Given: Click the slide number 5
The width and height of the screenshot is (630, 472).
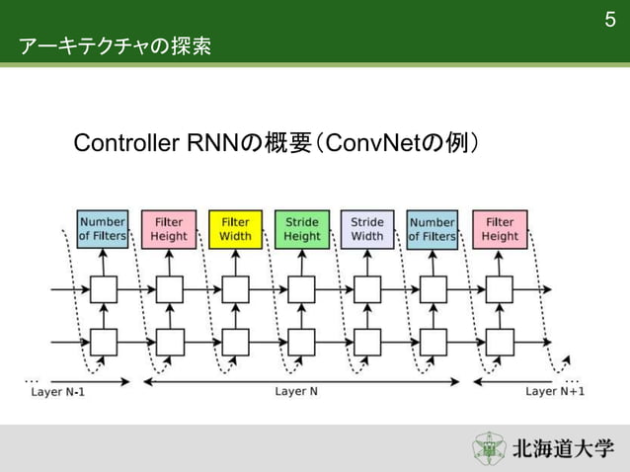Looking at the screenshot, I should [609, 21].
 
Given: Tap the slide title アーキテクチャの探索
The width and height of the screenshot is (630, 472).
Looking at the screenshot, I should [115, 46].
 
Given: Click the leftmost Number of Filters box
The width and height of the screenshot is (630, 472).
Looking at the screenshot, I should [103, 229].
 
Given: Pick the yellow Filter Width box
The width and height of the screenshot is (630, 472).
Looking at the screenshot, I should [235, 229].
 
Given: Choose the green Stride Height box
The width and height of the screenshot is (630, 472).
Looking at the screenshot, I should [301, 229].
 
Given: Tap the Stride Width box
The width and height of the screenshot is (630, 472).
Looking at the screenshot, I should [367, 229].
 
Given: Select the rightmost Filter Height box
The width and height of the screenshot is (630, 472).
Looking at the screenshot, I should [500, 229].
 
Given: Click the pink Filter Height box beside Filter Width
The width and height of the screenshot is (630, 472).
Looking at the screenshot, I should [169, 229].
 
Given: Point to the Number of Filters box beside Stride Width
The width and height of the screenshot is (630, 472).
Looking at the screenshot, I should [433, 229].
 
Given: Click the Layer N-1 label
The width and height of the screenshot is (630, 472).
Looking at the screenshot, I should [57, 391].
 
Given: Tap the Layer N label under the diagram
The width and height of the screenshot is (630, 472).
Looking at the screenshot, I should [296, 391].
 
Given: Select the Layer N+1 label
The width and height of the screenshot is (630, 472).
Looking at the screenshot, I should [554, 391].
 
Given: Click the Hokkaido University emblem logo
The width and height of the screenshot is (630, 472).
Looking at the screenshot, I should [488, 447].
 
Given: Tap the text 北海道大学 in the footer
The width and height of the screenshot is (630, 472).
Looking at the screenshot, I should [563, 448].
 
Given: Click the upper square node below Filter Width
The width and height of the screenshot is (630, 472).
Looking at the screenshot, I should [235, 289].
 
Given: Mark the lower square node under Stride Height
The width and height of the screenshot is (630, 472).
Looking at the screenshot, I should [301, 342].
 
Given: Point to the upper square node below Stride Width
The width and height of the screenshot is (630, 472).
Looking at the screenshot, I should [367, 289].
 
